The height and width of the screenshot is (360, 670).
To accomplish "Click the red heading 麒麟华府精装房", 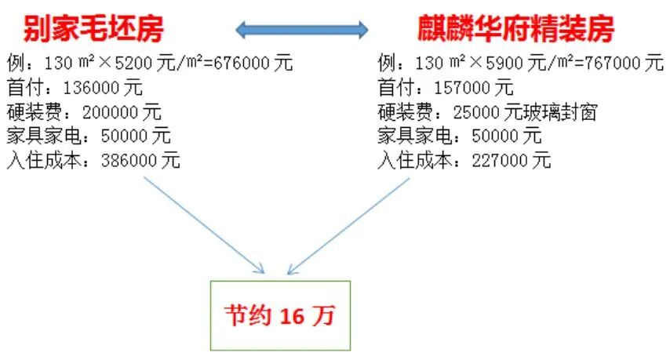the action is pos(515,30).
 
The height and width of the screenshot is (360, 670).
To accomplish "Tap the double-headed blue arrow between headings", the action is pos(302,31).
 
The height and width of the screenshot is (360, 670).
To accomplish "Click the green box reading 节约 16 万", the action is pos(280,314).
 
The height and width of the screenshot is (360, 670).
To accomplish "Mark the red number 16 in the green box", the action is pos(290,315).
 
